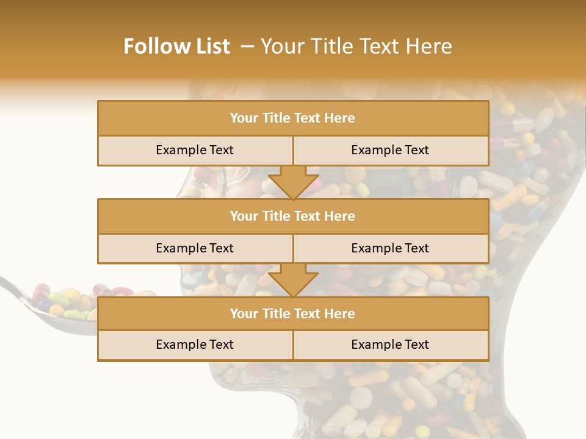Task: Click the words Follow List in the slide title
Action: pyautogui.click(x=176, y=46)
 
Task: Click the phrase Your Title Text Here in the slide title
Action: pyautogui.click(x=356, y=46)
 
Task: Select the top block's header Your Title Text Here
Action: pyautogui.click(x=292, y=118)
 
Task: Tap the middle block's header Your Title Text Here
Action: pyautogui.click(x=292, y=216)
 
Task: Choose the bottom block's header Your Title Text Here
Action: pyautogui.click(x=292, y=313)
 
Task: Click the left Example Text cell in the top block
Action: pyautogui.click(x=195, y=150)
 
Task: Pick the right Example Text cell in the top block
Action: pyautogui.click(x=390, y=150)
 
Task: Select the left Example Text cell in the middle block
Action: pyautogui.click(x=195, y=248)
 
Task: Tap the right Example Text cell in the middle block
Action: pyautogui.click(x=390, y=248)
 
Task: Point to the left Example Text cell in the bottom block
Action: pyautogui.click(x=195, y=344)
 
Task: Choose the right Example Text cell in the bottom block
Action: pyautogui.click(x=390, y=344)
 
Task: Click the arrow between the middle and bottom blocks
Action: pyautogui.click(x=293, y=280)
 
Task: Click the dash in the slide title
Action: pyautogui.click(x=247, y=46)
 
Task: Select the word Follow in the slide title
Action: pyautogui.click(x=154, y=46)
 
